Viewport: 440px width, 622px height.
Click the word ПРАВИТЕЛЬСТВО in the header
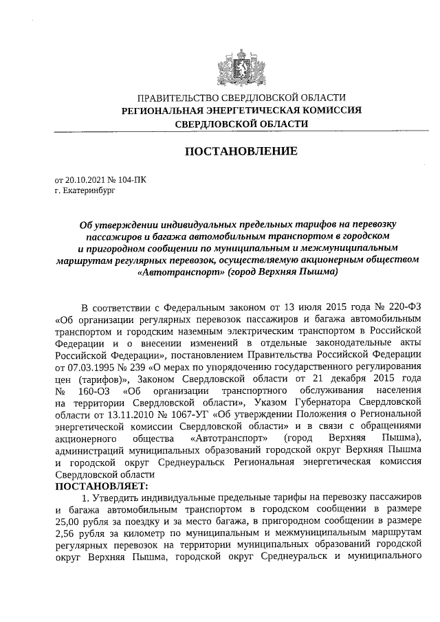tap(179, 98)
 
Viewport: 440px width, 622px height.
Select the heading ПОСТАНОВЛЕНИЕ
tap(241, 151)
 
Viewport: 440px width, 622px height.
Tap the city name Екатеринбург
tap(87, 191)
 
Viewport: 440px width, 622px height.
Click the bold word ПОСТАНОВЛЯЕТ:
tap(101, 485)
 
